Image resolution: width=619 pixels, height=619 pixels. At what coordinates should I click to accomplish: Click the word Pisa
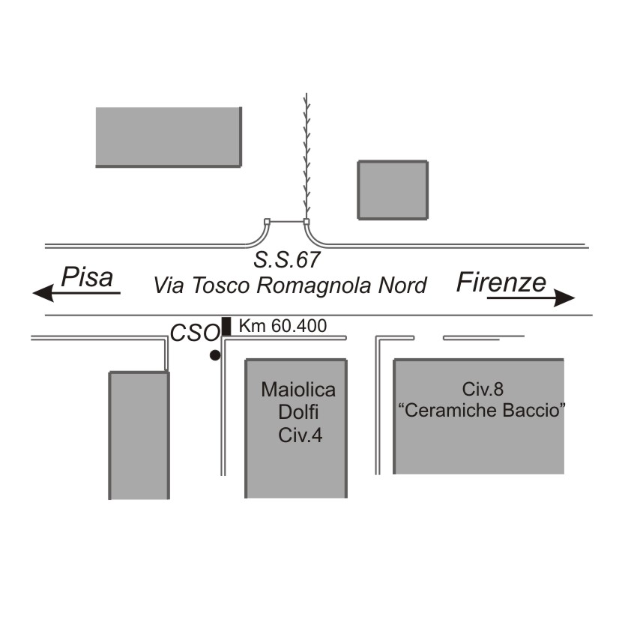[87, 277]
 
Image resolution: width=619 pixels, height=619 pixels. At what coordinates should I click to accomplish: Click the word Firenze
[501, 282]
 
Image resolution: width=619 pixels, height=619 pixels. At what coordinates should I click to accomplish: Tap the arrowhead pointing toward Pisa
[43, 293]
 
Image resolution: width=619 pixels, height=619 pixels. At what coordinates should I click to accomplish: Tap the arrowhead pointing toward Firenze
[564, 298]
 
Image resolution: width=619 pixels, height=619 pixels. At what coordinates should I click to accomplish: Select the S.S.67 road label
[286, 260]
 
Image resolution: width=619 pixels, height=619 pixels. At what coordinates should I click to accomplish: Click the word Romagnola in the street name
[314, 286]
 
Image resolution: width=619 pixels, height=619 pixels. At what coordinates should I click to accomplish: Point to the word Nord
[402, 285]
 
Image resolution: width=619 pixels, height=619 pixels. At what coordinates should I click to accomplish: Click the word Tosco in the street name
[221, 285]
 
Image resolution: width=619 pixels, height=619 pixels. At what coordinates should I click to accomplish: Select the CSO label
[195, 333]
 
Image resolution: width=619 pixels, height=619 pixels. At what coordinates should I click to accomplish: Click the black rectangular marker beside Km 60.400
[226, 327]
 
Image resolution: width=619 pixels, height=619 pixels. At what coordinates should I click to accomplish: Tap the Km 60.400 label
[283, 326]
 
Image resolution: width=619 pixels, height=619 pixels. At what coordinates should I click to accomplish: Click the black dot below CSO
[215, 355]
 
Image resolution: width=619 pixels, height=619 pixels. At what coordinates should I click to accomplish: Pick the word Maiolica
[298, 390]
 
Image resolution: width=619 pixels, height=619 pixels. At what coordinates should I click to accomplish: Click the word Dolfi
[298, 412]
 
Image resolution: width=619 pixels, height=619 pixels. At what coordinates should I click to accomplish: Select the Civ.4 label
[300, 435]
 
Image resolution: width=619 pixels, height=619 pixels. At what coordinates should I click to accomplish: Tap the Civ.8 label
[483, 389]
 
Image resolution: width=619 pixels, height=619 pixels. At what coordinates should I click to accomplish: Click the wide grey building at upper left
[169, 137]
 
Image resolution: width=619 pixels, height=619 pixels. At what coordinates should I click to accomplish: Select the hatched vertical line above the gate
[307, 156]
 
